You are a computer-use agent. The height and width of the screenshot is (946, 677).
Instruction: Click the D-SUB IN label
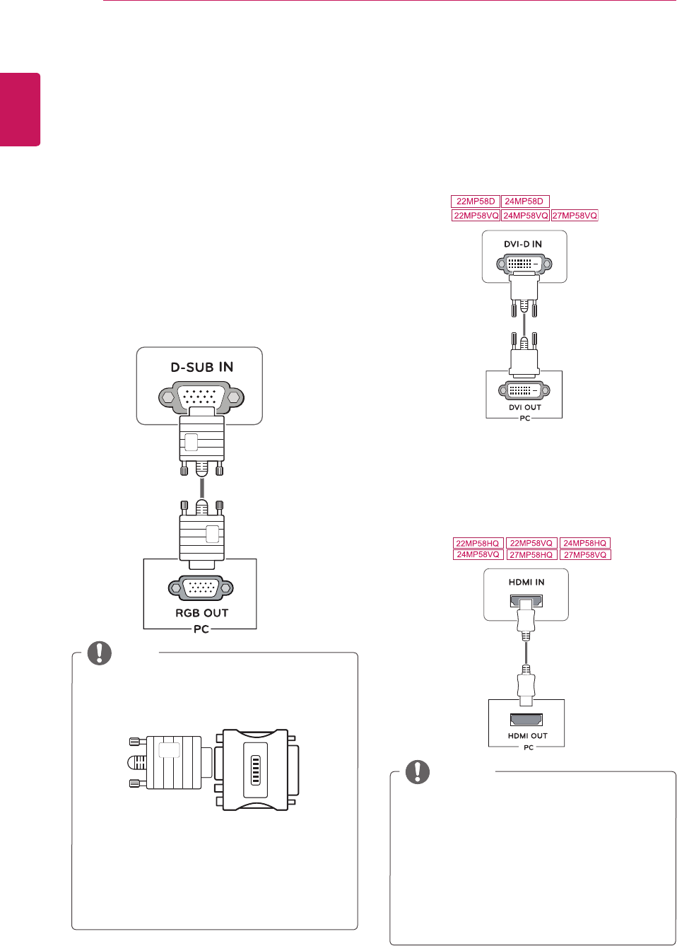(x=201, y=367)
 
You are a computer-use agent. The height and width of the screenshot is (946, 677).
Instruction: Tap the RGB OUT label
(x=201, y=613)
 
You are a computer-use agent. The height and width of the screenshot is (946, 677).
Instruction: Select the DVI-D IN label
(x=523, y=244)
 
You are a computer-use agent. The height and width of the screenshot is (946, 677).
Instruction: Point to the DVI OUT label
(x=524, y=407)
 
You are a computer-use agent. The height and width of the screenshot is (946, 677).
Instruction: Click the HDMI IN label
(x=526, y=582)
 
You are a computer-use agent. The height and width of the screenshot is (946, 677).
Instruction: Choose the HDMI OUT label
(x=527, y=736)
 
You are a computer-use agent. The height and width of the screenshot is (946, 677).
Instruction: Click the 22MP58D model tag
(x=476, y=202)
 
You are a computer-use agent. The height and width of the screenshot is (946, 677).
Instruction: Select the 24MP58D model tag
(x=524, y=202)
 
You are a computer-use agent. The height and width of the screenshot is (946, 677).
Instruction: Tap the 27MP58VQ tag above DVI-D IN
(x=575, y=216)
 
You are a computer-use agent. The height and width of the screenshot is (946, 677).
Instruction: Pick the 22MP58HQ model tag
(x=478, y=543)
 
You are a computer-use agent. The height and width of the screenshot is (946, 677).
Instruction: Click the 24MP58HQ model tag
(x=584, y=543)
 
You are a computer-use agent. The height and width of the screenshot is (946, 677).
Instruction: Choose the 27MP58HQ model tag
(x=531, y=555)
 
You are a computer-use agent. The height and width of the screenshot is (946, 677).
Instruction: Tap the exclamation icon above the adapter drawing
(x=100, y=653)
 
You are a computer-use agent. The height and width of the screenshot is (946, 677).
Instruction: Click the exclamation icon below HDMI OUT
(x=418, y=772)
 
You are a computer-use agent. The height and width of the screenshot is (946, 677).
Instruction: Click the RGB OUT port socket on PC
(x=201, y=588)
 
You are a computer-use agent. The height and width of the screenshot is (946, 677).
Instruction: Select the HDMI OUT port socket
(x=526, y=720)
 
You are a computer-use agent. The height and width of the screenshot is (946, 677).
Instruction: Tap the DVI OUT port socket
(x=524, y=390)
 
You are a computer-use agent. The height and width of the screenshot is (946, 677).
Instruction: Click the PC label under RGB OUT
(x=201, y=629)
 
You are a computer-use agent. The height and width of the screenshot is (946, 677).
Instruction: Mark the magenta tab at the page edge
(x=20, y=110)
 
